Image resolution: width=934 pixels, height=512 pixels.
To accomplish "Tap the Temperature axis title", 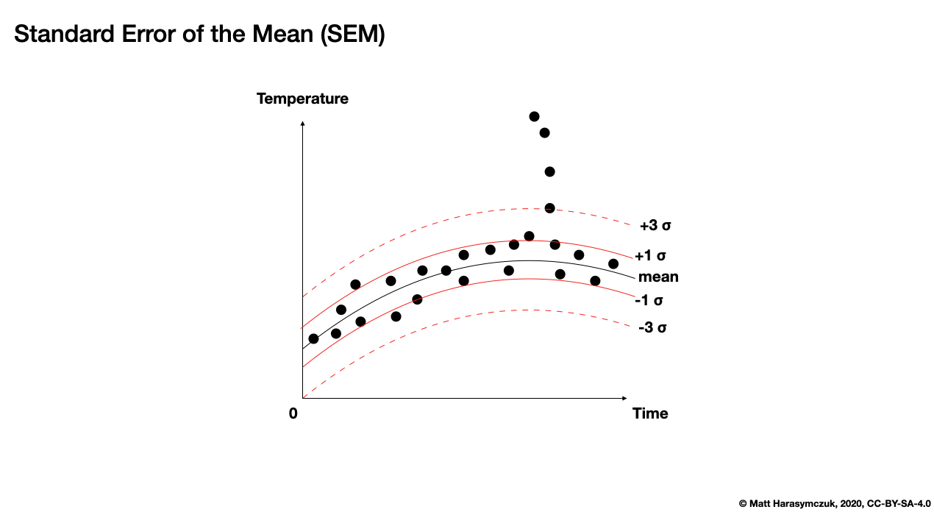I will [302, 99].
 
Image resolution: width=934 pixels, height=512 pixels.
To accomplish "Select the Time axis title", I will [650, 413].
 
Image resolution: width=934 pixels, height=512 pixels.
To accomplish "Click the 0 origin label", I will [293, 413].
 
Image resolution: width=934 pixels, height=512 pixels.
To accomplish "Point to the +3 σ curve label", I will [655, 225].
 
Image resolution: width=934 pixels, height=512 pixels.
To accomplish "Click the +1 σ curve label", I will [650, 256].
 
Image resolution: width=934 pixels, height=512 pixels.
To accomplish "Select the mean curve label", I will [658, 277].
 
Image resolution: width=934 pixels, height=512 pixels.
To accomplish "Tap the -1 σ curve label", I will [650, 300].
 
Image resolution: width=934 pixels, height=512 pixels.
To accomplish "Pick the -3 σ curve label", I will [652, 327].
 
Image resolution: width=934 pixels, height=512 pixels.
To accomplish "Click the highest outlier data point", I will [534, 116].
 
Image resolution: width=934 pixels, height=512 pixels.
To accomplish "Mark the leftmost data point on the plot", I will [313, 338].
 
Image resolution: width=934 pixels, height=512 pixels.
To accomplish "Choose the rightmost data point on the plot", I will [613, 263].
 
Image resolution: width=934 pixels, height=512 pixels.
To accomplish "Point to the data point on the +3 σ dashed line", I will [549, 208].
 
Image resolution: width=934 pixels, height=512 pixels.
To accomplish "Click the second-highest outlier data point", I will [544, 132].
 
